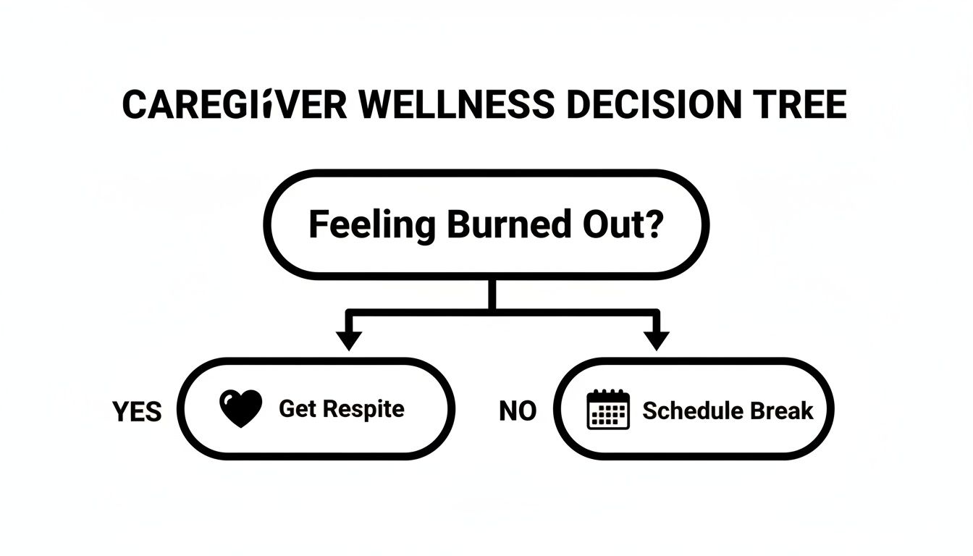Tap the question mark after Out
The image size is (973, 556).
652,224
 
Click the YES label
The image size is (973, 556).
137,412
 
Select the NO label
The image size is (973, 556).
518,411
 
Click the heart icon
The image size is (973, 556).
240,409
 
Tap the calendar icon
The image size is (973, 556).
607,410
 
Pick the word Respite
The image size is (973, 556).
363,409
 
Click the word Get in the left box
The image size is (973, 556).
298,408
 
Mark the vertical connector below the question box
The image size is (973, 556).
493,294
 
